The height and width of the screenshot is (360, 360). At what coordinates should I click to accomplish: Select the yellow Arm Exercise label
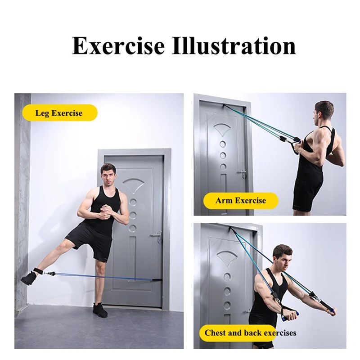click(240, 200)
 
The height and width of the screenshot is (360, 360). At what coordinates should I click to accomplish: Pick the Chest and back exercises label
click(250, 333)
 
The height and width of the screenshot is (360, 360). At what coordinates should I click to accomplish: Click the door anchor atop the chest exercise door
click(234, 229)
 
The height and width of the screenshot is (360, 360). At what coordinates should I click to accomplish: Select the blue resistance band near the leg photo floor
click(90, 275)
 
